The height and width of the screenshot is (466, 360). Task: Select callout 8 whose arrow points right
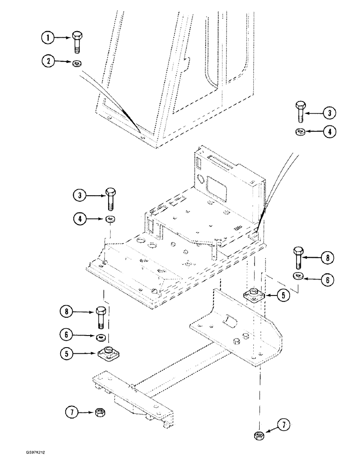coord(68,311)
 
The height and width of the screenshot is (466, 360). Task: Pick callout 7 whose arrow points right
coord(71,411)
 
